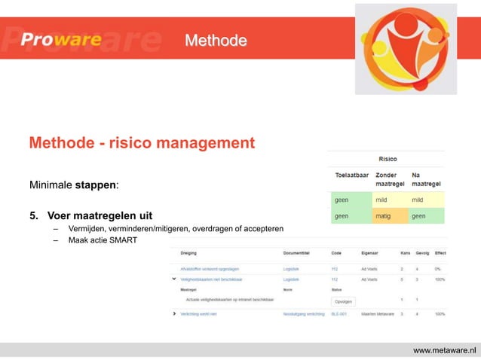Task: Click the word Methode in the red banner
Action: coord(216,40)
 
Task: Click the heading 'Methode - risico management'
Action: coord(141,142)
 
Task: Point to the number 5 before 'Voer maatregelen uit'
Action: coord(33,218)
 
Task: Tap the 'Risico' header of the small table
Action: coord(388,159)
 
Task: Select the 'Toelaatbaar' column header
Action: coord(352,175)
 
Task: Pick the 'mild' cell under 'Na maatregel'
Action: coord(418,200)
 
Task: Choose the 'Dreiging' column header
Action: coord(189,254)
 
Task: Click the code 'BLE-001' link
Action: coord(340,313)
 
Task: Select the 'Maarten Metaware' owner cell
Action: coord(378,313)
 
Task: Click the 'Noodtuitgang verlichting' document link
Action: coord(302,313)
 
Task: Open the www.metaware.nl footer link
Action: coord(446,349)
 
